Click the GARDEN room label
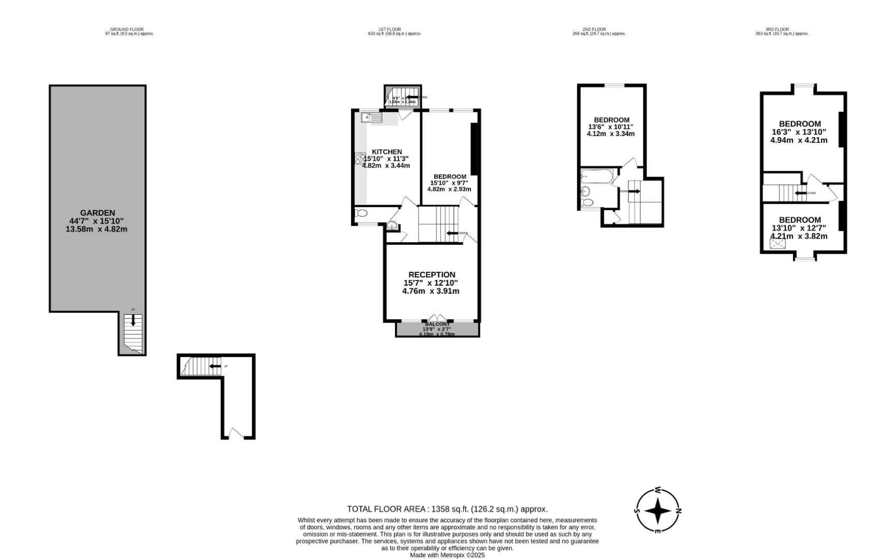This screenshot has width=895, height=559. coord(97,213)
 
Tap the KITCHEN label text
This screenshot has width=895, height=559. coord(387,152)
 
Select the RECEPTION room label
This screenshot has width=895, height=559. coord(432,275)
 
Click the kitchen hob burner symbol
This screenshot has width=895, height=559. coord(360,158)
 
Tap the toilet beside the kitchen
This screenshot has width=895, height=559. coord(361,213)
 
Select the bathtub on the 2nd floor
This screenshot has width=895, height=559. coord(597,176)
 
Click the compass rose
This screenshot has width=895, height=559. coord(658,511)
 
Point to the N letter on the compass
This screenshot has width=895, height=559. coord(679,511)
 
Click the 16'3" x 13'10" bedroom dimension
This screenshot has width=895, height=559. coord(799,132)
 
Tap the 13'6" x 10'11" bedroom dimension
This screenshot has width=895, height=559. coord(611,127)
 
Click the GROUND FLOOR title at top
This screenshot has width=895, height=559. coord(127,30)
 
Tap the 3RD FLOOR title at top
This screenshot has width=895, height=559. coord(777,30)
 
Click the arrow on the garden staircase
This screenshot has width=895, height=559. coord(133,320)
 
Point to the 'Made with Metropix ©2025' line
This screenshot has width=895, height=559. coord(447,555)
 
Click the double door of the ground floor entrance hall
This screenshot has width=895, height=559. coord(236,434)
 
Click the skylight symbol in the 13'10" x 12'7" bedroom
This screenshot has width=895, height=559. coord(777,243)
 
